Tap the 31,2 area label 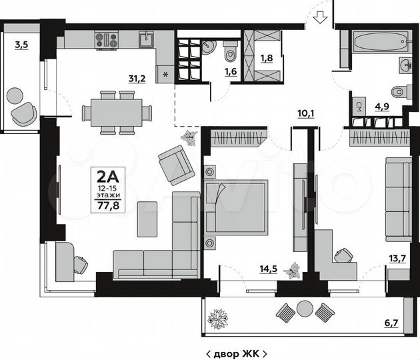point(137,78)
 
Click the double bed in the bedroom point(237,207)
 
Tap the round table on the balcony point(305,309)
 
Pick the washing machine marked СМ point(359,105)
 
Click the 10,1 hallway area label point(306,113)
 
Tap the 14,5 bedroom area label point(269,270)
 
